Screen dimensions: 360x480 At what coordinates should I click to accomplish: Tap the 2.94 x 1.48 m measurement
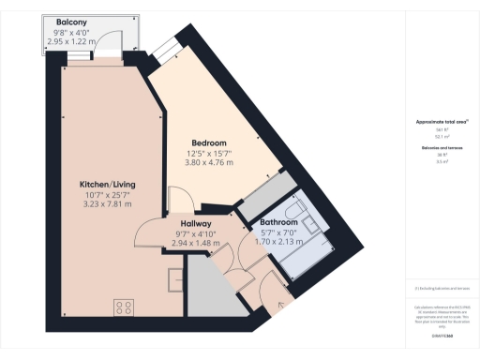click(198, 243)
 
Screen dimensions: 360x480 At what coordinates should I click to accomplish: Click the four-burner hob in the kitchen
click(123, 307)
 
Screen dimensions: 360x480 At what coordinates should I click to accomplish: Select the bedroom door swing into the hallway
click(180, 199)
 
